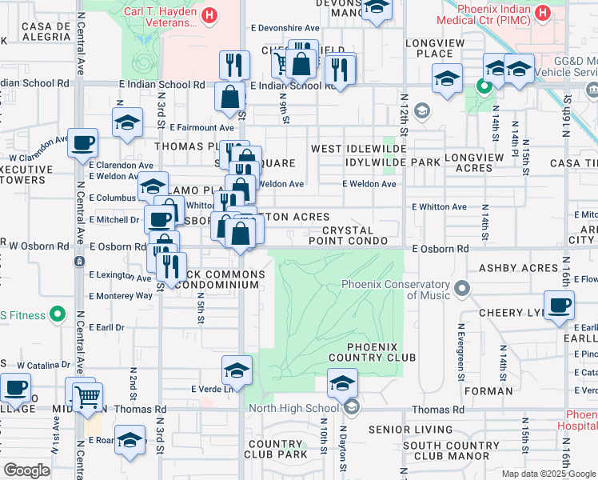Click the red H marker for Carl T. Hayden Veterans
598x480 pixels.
209,14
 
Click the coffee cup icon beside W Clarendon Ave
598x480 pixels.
82,145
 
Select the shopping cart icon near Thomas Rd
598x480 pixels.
87,396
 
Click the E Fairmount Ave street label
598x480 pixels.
201,127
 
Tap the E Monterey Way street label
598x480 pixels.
121,296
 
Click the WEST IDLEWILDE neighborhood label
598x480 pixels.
359,150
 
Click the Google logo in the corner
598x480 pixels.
26,470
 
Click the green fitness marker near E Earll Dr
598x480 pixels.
57,315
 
